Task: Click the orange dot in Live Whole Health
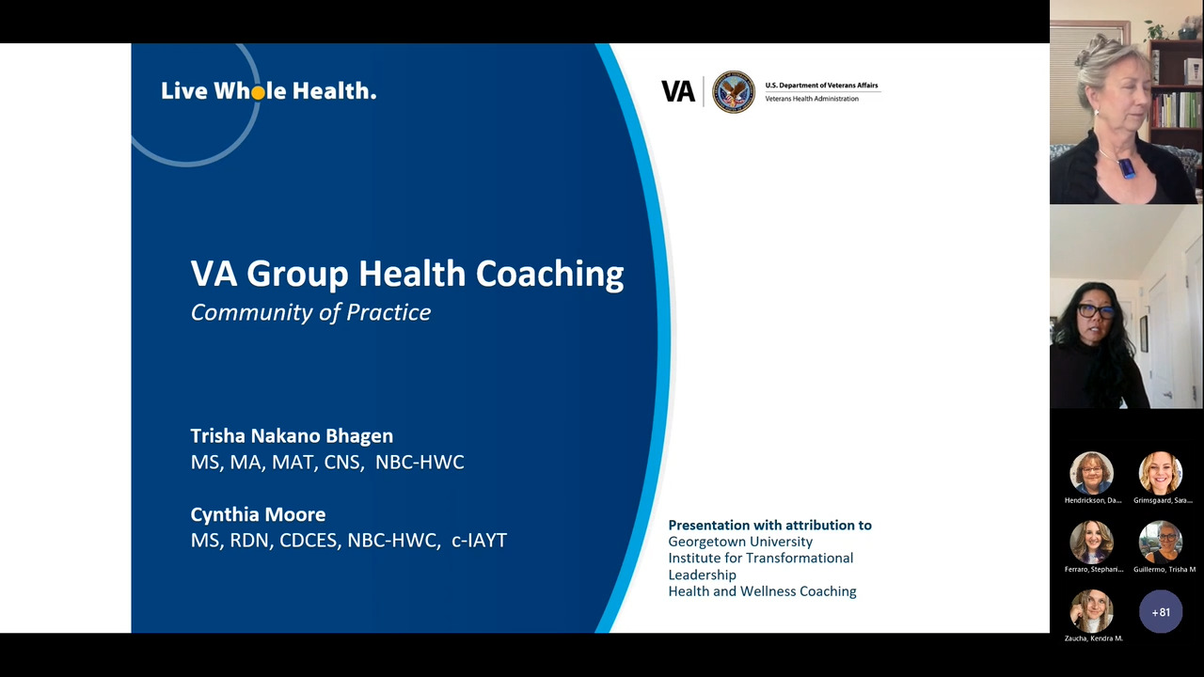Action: (258, 93)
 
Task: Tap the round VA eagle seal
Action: (733, 91)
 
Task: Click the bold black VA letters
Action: (678, 91)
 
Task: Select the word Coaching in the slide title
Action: (550, 275)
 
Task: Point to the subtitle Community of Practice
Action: (310, 313)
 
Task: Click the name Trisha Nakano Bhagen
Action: (292, 435)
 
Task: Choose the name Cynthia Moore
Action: (258, 514)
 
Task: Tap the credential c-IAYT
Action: (479, 540)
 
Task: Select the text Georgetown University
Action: (740, 542)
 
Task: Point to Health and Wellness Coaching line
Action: (762, 591)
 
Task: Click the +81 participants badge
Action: (1161, 612)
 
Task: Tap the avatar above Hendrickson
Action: (1091, 473)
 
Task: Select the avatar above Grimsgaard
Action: (1161, 473)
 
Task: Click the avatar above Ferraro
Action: (1091, 543)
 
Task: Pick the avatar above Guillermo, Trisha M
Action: (1161, 543)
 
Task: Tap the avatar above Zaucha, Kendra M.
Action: (1091, 611)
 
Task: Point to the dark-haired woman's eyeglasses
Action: (1095, 311)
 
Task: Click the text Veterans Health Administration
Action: (812, 99)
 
